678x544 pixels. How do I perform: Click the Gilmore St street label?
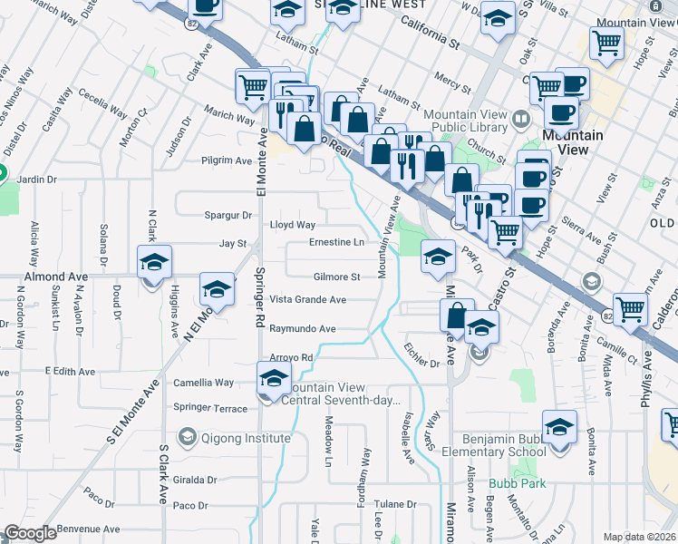(337, 277)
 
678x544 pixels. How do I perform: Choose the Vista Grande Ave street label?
(308, 299)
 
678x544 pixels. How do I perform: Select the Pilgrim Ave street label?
(227, 160)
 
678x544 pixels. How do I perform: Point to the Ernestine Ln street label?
(336, 242)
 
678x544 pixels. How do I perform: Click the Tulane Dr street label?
(395, 504)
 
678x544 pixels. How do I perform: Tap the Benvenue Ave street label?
(88, 529)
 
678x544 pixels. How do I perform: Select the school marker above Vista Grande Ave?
(217, 289)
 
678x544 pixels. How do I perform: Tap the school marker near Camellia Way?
(274, 378)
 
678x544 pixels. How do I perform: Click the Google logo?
(30, 533)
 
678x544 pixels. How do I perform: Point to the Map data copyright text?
(639, 537)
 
